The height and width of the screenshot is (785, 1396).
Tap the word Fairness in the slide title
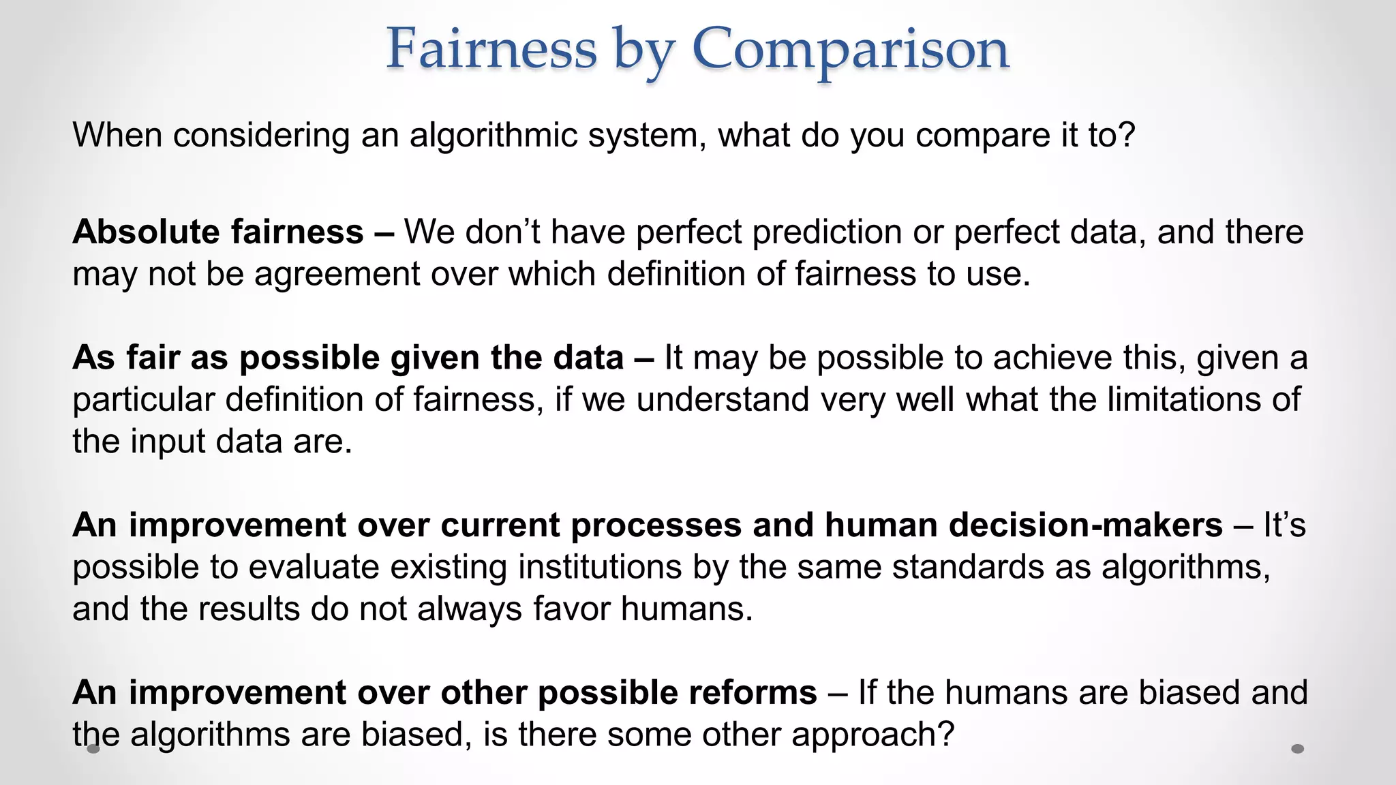coord(491,49)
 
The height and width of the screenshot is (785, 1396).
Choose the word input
coord(172,442)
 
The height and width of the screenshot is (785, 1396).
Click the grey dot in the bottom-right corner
coord(1298,749)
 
